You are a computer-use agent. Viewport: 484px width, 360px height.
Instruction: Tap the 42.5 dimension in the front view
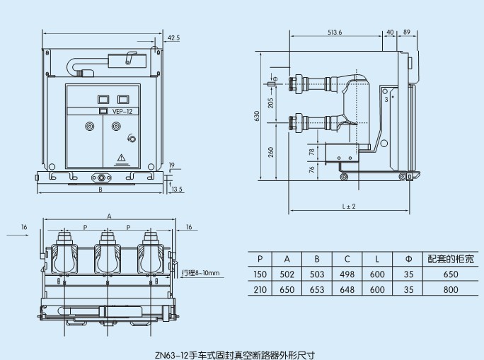[173, 37]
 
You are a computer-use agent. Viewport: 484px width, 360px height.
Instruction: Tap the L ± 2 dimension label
[348, 206]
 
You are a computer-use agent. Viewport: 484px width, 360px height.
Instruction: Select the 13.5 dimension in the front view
[177, 189]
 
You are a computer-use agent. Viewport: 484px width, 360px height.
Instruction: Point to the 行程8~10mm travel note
[201, 272]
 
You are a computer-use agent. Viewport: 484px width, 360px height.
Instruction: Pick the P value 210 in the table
[260, 290]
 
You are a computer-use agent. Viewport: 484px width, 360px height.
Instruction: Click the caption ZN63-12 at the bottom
[242, 353]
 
